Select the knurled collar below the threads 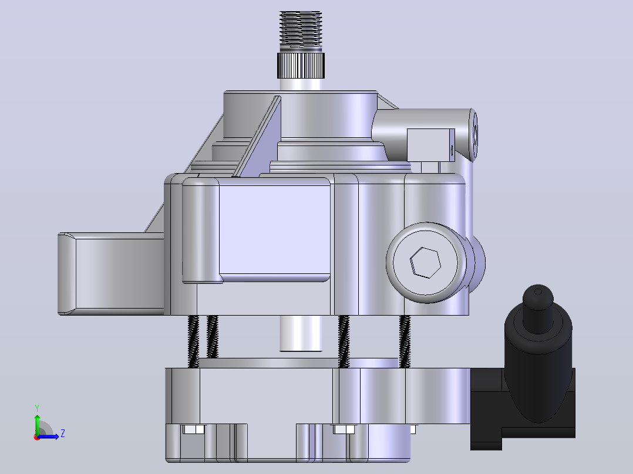pos(301,65)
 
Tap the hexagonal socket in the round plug pos(425,263)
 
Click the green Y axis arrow pos(37,425)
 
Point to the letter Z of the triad pos(63,434)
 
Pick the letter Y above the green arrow pos(37,408)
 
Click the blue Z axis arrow pos(48,436)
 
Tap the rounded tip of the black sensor pos(538,296)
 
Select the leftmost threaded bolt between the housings pos(193,341)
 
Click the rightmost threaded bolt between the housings pos(405,341)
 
